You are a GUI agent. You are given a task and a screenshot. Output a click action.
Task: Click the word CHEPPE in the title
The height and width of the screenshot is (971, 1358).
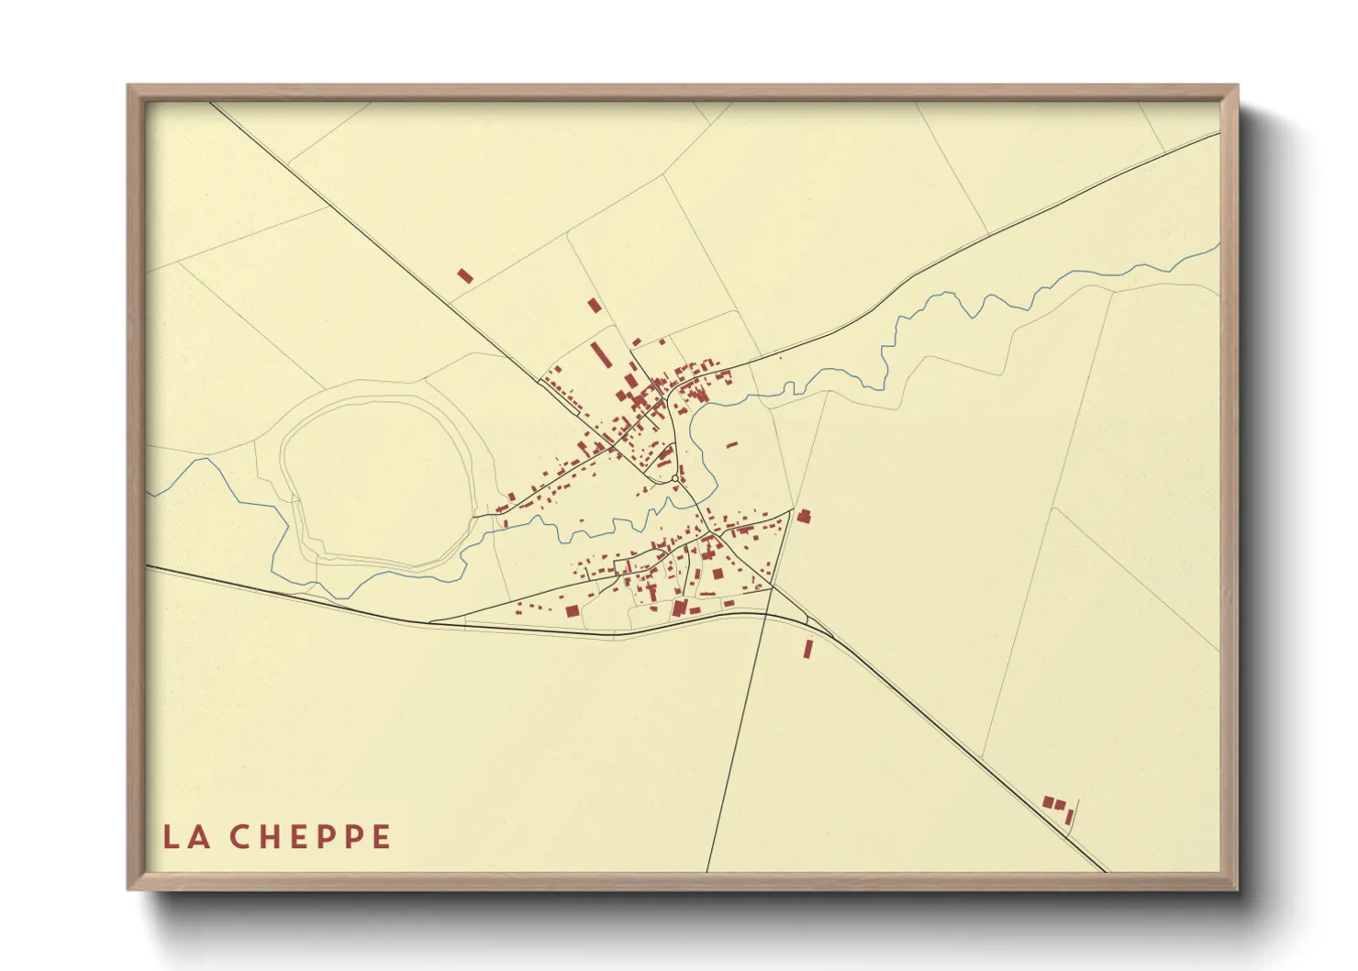pos(310,837)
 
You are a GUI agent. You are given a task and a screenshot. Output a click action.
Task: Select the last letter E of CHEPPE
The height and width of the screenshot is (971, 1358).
pos(382,837)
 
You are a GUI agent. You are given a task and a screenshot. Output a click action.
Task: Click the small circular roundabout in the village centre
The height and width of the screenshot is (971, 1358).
pos(674,478)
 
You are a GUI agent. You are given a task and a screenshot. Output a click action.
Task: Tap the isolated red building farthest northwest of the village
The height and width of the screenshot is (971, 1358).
pos(465,275)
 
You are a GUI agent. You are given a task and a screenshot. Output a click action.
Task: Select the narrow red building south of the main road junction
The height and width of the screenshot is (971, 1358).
pos(808,649)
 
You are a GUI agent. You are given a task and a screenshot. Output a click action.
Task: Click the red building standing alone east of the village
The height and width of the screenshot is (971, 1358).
pos(804,516)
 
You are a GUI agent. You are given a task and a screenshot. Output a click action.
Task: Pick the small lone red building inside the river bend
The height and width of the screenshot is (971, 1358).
pos(731,445)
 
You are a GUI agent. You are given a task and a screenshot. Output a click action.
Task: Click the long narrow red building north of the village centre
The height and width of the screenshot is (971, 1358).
pos(599,354)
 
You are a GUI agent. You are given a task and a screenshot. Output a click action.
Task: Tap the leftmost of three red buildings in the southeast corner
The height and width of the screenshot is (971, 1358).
pos(1048,801)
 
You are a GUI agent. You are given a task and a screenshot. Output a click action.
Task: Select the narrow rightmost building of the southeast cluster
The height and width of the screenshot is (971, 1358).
pos(1069,817)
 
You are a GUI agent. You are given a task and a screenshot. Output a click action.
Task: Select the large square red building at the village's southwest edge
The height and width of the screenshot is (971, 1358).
pos(572,610)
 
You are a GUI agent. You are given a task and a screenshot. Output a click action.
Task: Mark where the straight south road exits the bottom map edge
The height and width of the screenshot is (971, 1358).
pos(707,870)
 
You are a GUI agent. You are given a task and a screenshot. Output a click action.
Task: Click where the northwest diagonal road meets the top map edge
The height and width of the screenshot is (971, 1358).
pos(211,103)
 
